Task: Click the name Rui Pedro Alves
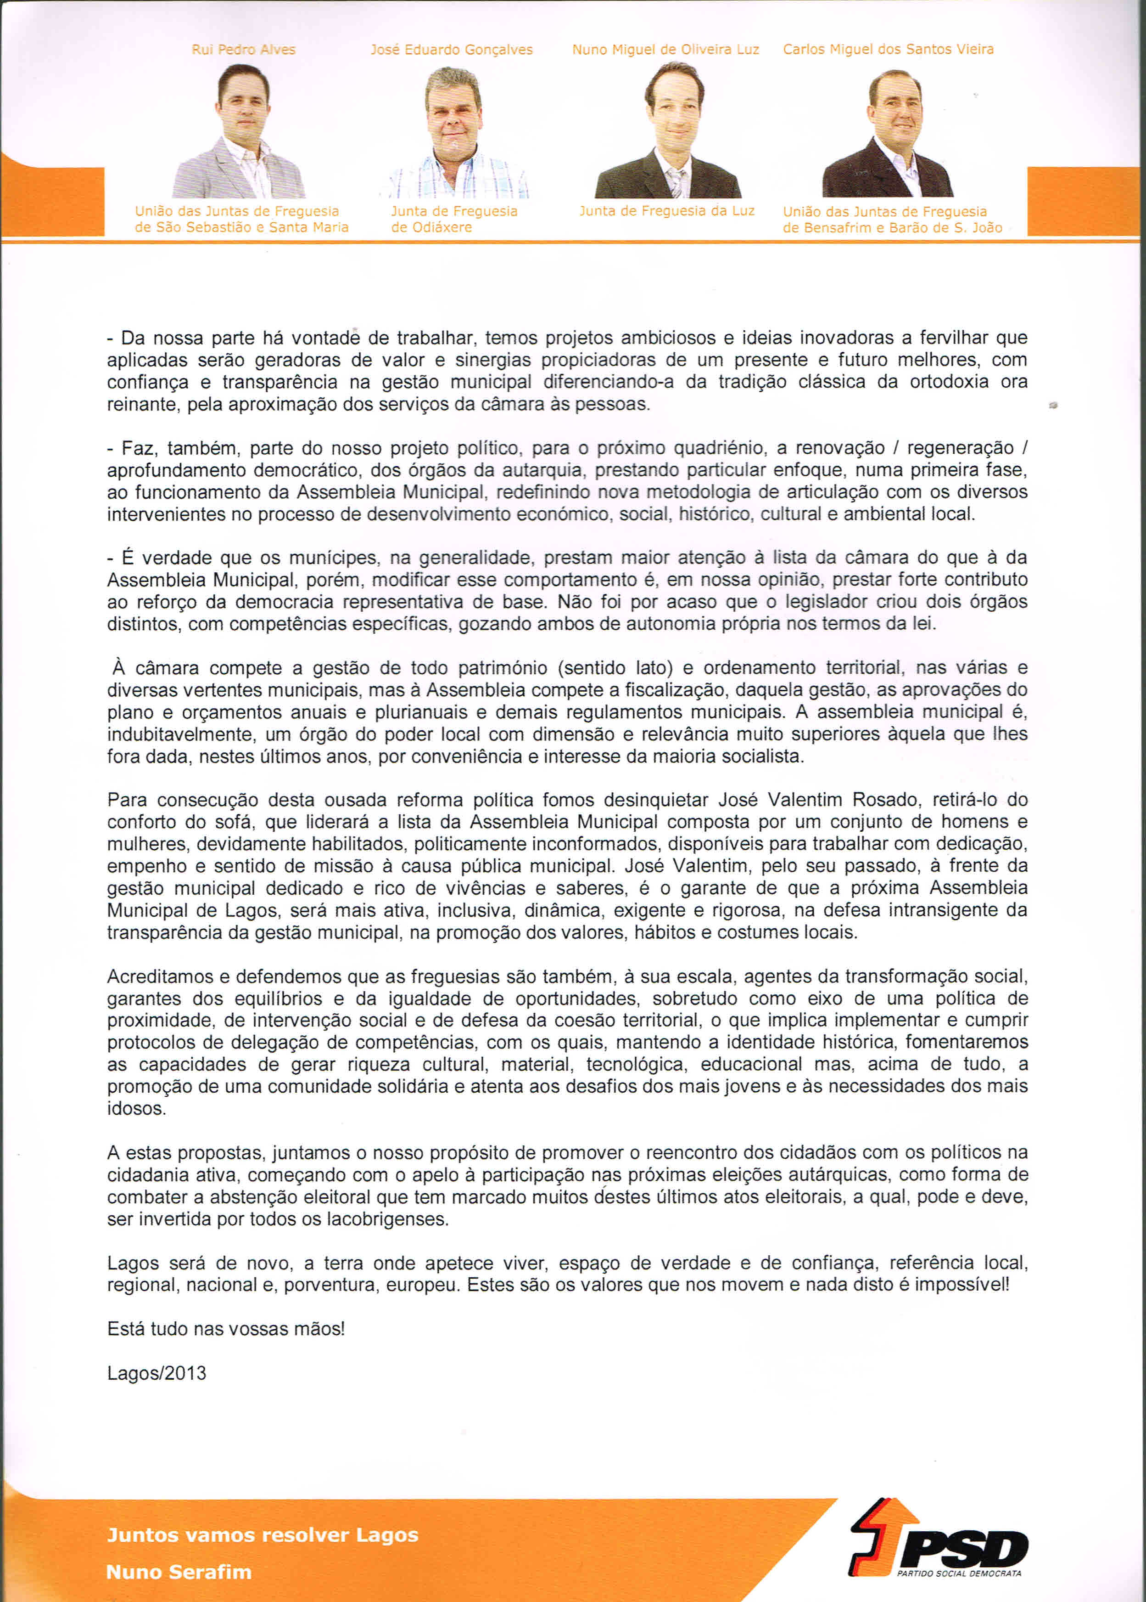[243, 50]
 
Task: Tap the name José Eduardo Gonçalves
[452, 50]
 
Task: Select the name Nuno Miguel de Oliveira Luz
[665, 50]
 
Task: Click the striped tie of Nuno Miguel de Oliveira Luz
[675, 183]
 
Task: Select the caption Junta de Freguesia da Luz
[667, 210]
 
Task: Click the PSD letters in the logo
[963, 1550]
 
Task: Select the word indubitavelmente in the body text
[180, 734]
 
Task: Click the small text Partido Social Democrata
[959, 1573]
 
